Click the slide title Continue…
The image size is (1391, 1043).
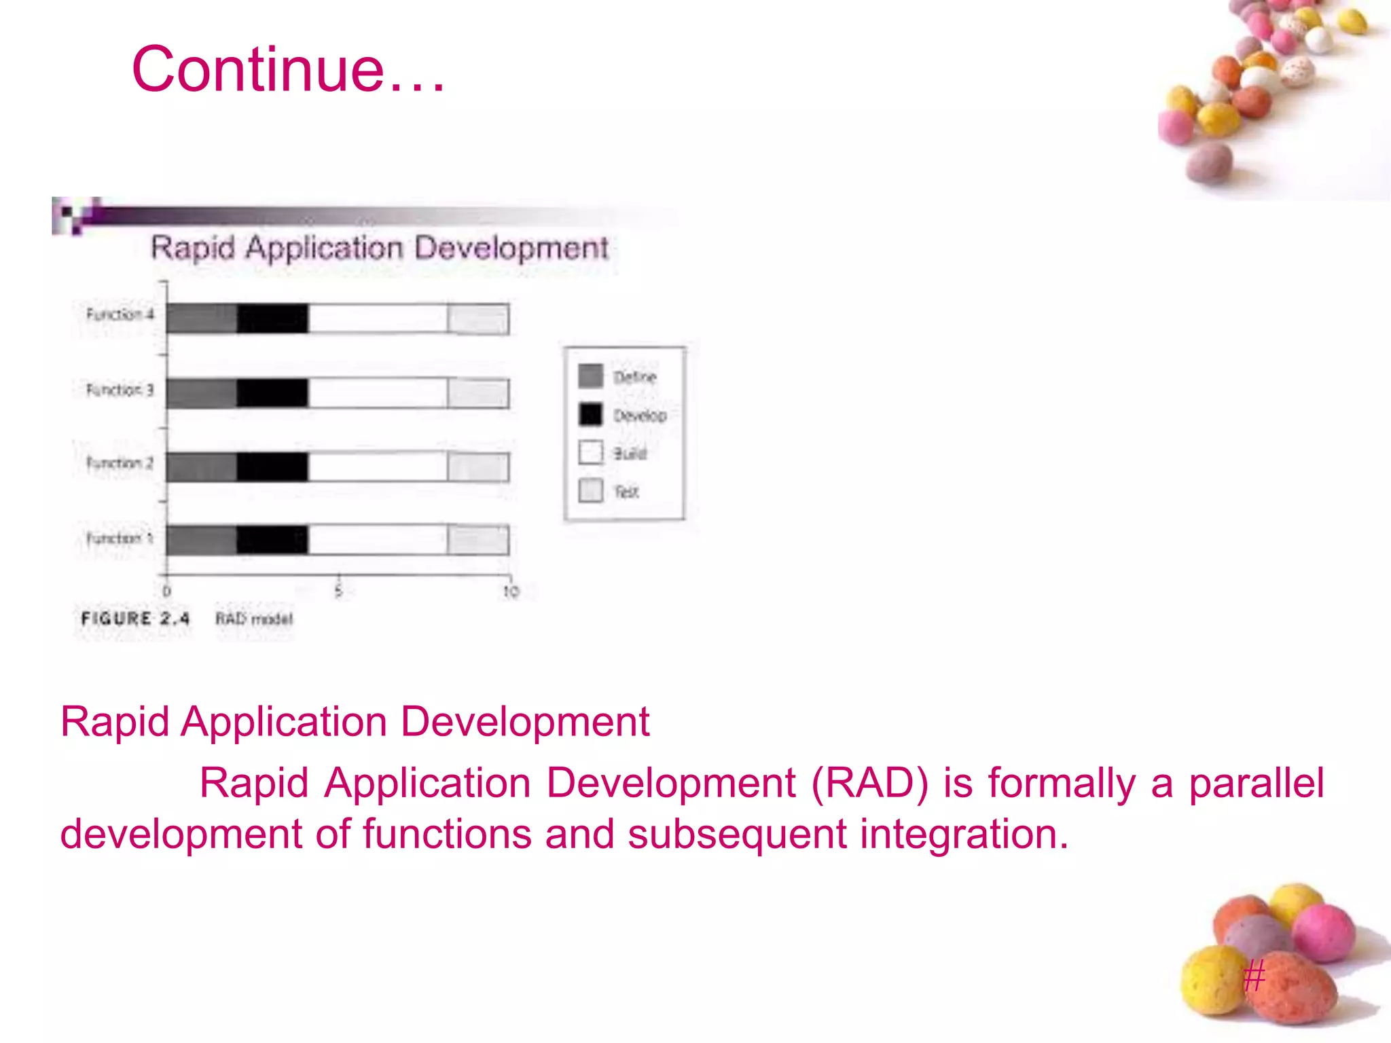tap(288, 69)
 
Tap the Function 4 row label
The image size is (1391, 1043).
tap(120, 314)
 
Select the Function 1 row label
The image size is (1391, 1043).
tap(120, 538)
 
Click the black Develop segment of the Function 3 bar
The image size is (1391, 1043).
tap(272, 393)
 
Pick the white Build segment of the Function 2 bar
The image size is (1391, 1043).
tap(378, 467)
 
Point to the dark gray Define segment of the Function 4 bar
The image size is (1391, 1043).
tap(202, 318)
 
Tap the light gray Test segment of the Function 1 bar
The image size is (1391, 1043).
tap(479, 541)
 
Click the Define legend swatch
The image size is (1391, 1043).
tap(590, 376)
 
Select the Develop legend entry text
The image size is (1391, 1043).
tap(640, 415)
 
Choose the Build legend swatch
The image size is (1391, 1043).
tap(590, 452)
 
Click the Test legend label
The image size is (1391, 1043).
tap(626, 492)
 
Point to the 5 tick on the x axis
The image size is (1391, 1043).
tap(338, 591)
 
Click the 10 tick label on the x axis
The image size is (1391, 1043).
tap(511, 591)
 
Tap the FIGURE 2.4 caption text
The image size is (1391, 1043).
tap(135, 619)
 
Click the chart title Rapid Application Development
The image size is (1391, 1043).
tap(379, 248)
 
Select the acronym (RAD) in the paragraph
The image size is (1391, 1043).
tap(869, 783)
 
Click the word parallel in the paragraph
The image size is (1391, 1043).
tap(1256, 783)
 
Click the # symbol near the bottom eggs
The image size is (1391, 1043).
tap(1254, 976)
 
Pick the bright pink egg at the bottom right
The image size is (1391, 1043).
tap(1322, 933)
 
